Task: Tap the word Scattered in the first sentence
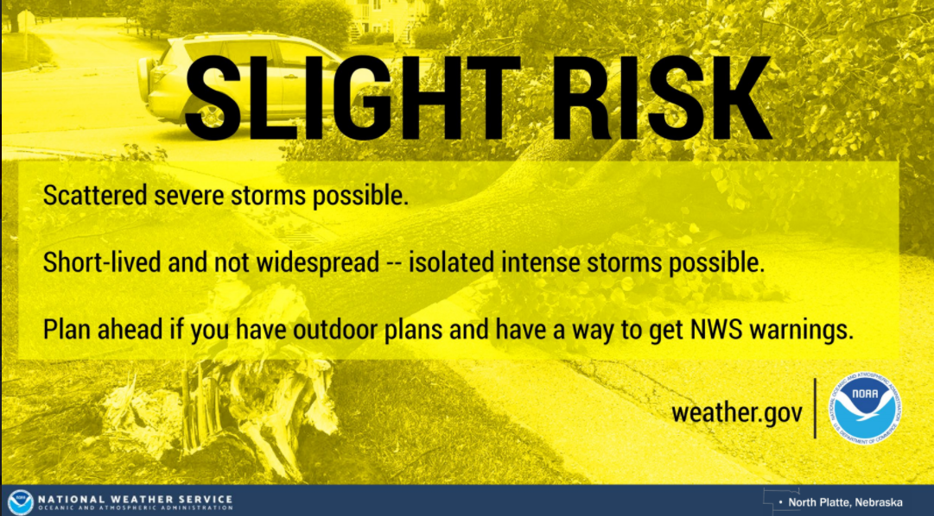[x=95, y=195]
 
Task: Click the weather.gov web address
[x=737, y=412]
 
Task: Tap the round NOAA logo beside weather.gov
[x=865, y=408]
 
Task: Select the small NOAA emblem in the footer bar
[x=20, y=501]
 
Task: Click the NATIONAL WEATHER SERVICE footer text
[x=135, y=499]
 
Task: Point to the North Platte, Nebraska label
[x=845, y=502]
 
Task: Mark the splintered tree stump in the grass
[x=220, y=411]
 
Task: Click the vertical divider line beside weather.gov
[x=815, y=408]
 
